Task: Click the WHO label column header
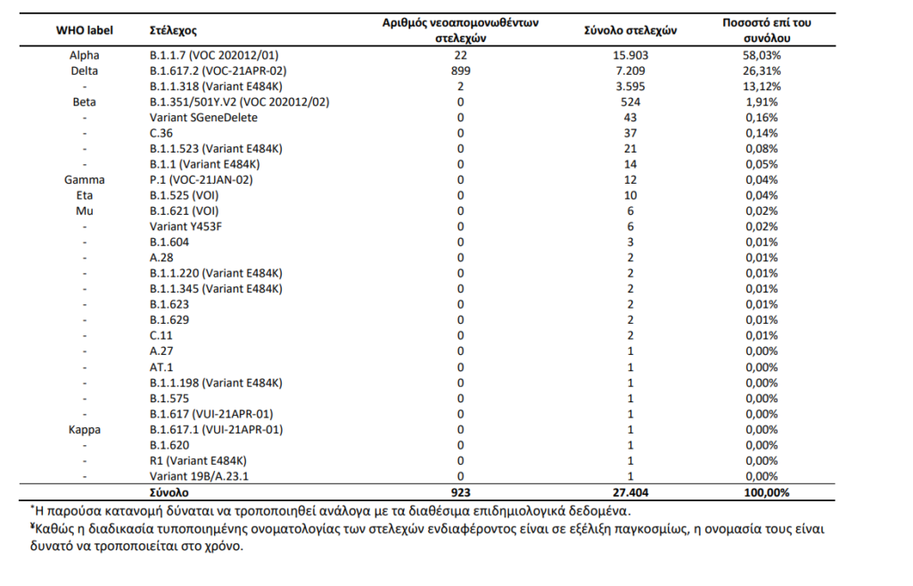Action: (85, 30)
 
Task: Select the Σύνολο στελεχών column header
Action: (630, 30)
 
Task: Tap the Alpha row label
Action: (85, 55)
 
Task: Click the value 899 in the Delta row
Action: (461, 71)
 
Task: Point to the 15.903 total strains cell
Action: (630, 55)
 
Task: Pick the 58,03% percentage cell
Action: (761, 55)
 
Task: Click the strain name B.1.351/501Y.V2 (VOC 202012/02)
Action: (239, 102)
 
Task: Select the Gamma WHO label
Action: (85, 180)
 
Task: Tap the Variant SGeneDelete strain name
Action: (203, 118)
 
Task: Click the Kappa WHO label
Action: (85, 430)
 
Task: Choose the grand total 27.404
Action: (630, 493)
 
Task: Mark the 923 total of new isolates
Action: (461, 493)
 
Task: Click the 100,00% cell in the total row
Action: (767, 493)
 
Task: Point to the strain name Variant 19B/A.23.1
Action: (199, 476)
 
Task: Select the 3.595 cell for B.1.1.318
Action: (630, 87)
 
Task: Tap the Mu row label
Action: (85, 210)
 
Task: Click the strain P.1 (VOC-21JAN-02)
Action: (201, 180)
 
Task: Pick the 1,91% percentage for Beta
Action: (761, 102)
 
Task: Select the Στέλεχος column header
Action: (173, 30)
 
